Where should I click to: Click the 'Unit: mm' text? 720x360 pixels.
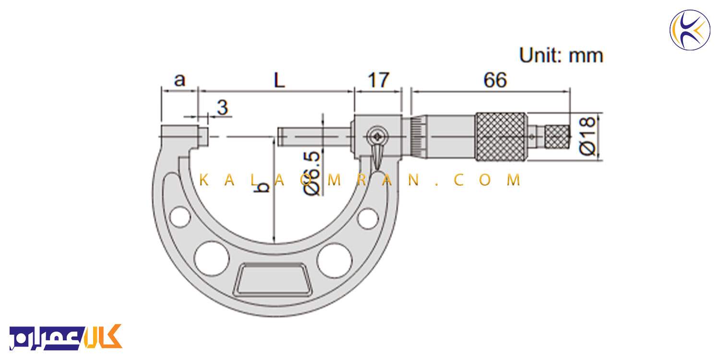[561, 55]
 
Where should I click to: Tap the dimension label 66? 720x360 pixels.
[495, 80]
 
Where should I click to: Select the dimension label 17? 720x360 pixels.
[378, 80]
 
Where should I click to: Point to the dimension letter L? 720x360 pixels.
[279, 80]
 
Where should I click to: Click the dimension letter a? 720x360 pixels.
[180, 80]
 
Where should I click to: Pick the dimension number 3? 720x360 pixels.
[222, 107]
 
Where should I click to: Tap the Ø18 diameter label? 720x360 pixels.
[587, 136]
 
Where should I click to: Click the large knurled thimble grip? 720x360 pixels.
[501, 137]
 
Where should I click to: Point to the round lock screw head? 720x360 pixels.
[377, 137]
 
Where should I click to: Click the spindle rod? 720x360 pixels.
[314, 137]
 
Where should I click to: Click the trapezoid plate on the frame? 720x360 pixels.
[273, 279]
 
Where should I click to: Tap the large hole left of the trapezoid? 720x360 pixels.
[212, 258]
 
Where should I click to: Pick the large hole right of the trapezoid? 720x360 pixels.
[334, 260]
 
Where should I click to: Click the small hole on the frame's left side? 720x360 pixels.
[180, 217]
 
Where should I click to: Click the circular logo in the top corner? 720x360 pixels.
[690, 30]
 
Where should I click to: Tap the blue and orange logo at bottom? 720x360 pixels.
[66, 337]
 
